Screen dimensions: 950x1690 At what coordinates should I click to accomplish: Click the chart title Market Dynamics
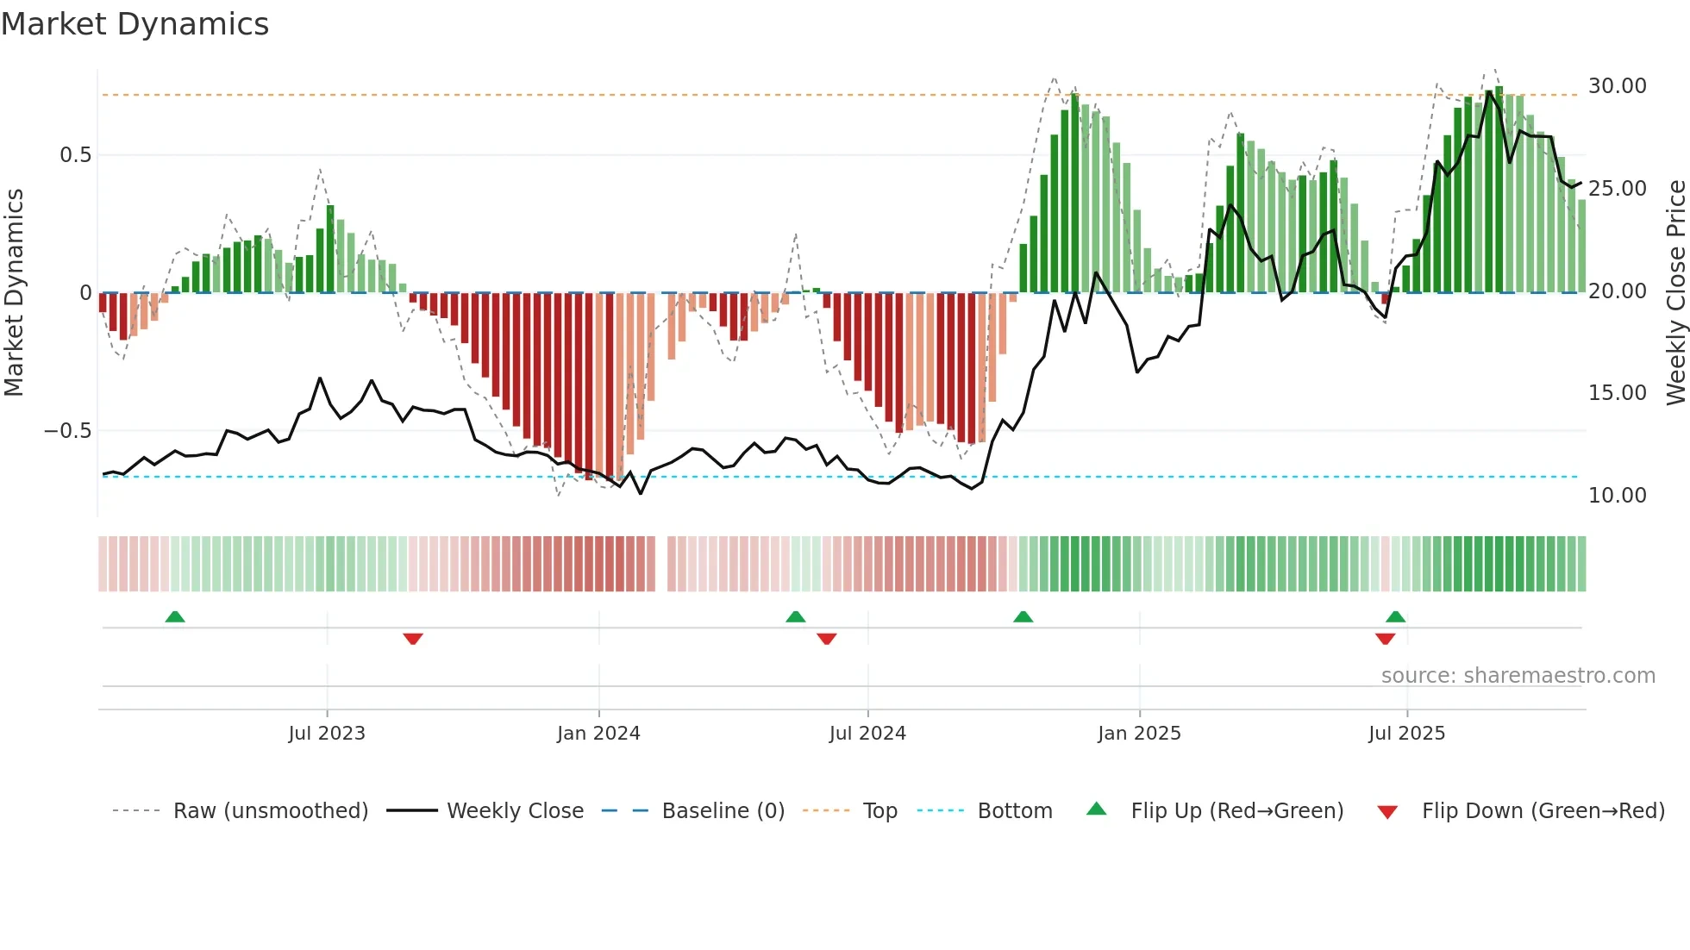tap(135, 24)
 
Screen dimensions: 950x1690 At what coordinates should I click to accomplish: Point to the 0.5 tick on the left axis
tap(75, 155)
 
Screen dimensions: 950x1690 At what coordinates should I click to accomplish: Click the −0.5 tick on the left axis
tap(68, 431)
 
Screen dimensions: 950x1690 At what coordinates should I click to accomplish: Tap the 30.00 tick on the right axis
tap(1617, 86)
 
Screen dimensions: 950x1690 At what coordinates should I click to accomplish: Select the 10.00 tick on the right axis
tap(1617, 496)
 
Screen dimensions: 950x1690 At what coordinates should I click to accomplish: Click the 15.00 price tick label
tap(1617, 393)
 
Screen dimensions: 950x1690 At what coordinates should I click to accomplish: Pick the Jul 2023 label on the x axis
tap(327, 734)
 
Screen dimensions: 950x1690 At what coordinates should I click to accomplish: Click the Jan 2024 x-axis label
tap(598, 734)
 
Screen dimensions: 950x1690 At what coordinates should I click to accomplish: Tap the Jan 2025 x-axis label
tap(1139, 734)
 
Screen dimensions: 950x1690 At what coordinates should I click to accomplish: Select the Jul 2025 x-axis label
tap(1406, 734)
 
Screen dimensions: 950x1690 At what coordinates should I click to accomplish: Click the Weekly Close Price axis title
tap(1675, 293)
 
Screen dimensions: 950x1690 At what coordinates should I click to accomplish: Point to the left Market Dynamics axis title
tap(14, 293)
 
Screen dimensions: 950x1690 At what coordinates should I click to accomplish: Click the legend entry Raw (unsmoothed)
tap(270, 811)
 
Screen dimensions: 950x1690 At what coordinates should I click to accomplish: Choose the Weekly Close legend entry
tap(515, 811)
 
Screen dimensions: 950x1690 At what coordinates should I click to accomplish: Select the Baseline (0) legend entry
tap(723, 811)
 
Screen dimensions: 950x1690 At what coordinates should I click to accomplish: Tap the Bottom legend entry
tap(1014, 811)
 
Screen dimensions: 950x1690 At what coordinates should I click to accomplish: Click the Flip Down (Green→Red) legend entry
tap(1543, 811)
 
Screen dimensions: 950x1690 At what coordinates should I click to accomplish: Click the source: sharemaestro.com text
tap(1518, 676)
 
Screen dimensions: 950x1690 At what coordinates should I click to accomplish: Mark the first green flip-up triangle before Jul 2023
tap(175, 616)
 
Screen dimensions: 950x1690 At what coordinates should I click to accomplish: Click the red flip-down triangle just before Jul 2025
tap(1385, 639)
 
